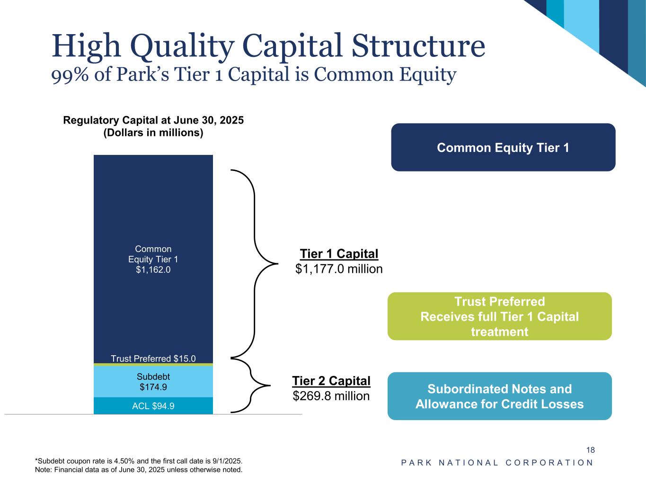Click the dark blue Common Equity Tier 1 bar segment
153,259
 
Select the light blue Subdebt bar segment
153,382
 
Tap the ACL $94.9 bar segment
153,406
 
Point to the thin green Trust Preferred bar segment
153,365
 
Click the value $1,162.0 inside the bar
153,270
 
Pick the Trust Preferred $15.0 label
153,359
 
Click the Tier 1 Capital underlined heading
339,254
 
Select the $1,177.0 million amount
339,269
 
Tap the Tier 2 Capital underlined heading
331,381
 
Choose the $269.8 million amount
331,396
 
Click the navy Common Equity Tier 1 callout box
503,147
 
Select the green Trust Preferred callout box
500,316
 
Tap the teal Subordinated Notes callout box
500,396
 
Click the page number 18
590,450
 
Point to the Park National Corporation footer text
497,463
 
